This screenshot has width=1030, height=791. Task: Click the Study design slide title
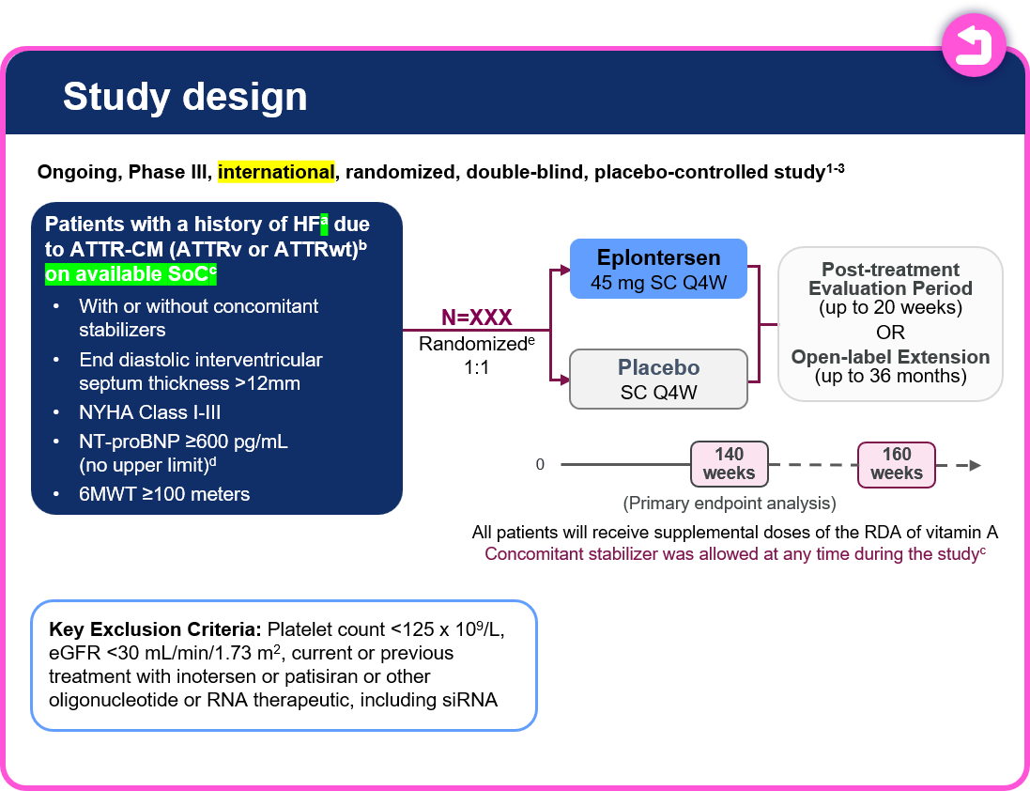(x=185, y=97)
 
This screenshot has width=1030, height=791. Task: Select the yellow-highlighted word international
(x=276, y=172)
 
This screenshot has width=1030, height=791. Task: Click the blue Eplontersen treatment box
(x=659, y=269)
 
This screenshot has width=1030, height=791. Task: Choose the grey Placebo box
(x=659, y=379)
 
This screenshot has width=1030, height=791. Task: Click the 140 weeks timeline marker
(x=730, y=464)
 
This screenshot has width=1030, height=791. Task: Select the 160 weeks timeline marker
(x=897, y=464)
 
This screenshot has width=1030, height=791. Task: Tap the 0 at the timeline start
(x=540, y=465)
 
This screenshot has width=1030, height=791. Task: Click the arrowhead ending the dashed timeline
(x=976, y=465)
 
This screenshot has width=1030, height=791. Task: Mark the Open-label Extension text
(x=890, y=357)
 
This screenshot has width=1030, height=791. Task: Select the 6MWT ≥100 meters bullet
(x=164, y=494)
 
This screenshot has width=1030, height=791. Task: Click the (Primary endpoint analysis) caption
(x=729, y=503)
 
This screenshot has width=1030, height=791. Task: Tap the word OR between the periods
(x=890, y=333)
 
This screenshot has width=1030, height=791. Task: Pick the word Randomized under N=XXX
(x=471, y=345)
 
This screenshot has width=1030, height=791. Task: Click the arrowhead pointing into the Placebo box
(x=564, y=380)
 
